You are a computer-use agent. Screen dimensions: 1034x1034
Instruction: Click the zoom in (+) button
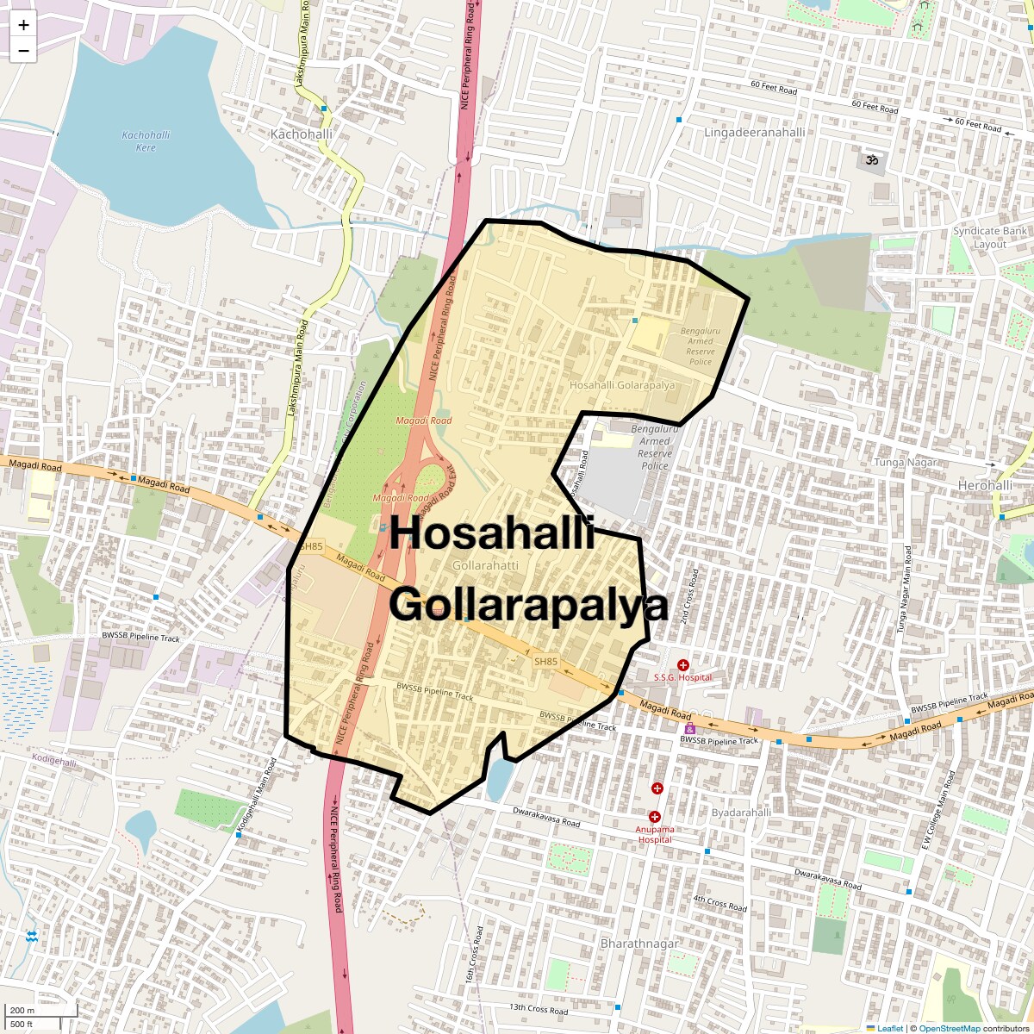click(x=23, y=25)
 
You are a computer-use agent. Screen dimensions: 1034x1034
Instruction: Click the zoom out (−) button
click(x=23, y=51)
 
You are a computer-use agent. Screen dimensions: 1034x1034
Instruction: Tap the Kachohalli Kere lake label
click(x=146, y=141)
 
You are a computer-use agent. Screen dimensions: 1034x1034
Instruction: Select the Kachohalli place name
click(x=301, y=134)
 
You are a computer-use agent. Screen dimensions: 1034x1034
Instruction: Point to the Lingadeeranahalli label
click(x=754, y=133)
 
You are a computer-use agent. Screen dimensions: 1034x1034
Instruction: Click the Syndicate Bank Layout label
click(x=989, y=237)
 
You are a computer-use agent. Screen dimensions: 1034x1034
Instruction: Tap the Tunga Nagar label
click(x=905, y=463)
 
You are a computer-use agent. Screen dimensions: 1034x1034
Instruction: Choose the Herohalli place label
click(x=985, y=486)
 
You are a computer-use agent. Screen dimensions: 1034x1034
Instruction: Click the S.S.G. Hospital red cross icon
click(x=682, y=665)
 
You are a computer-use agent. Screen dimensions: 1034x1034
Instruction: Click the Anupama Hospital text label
click(x=654, y=834)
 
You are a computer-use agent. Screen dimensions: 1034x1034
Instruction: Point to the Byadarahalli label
click(x=741, y=813)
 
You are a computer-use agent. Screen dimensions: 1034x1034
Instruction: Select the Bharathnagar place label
click(x=639, y=944)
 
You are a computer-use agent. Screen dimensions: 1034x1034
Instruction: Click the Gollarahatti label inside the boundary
click(x=485, y=565)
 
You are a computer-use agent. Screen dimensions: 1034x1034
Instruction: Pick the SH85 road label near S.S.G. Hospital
click(x=545, y=662)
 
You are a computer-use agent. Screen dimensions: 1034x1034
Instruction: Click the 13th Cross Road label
click(x=539, y=1008)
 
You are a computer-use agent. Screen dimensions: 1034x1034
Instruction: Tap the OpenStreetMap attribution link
click(x=949, y=1028)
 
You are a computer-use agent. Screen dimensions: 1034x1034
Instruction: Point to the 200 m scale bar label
click(x=23, y=1011)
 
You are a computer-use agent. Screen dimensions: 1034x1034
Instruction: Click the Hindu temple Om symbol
click(x=871, y=159)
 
